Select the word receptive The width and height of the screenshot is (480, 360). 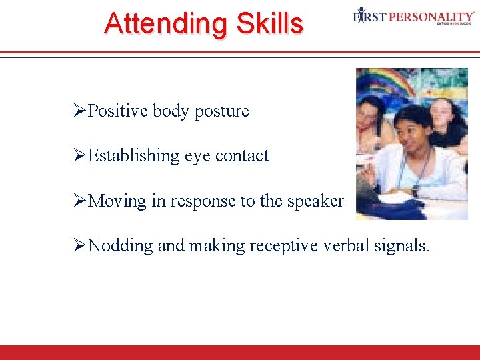pos(284,246)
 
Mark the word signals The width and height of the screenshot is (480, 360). pos(402,246)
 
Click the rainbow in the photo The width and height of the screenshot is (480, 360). pos(387,84)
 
